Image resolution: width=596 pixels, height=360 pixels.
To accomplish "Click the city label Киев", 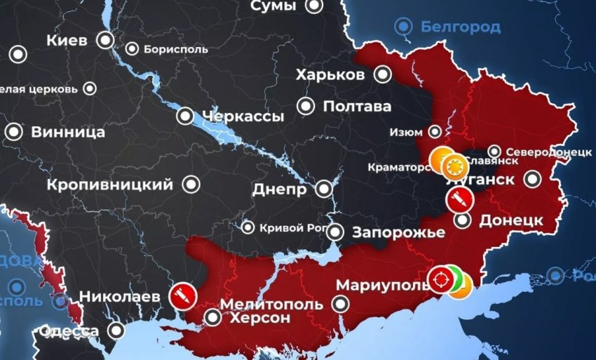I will pyautogui.click(x=67, y=40).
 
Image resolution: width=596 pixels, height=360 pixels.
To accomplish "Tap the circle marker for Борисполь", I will pyautogui.click(x=133, y=49).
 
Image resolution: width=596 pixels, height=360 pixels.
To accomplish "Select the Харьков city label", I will pyautogui.click(x=330, y=75).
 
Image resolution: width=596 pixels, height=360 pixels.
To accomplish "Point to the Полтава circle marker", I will pyautogui.click(x=306, y=107).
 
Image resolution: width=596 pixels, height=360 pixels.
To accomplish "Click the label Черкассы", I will pyautogui.click(x=243, y=116).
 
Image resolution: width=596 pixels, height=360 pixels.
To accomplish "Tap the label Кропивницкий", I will pyautogui.click(x=110, y=185).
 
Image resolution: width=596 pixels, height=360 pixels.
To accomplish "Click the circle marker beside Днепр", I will pyautogui.click(x=324, y=189).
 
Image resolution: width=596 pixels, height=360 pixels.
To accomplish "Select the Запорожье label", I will pyautogui.click(x=399, y=233).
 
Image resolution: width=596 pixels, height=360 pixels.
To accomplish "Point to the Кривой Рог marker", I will pyautogui.click(x=248, y=227).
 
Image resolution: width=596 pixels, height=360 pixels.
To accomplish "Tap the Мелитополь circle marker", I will pyautogui.click(x=341, y=304).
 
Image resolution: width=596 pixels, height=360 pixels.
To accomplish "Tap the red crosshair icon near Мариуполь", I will pyautogui.click(x=441, y=279).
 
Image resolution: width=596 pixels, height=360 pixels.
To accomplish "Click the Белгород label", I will pyautogui.click(x=461, y=27).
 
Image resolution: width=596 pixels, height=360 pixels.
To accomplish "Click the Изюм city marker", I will pyautogui.click(x=435, y=131).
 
